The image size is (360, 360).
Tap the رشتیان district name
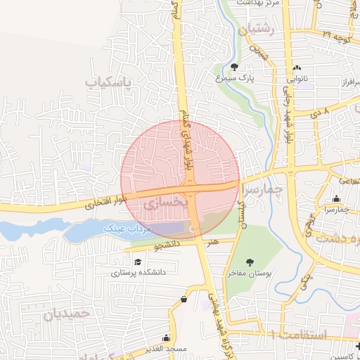(260, 29)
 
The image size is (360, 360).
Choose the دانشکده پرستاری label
(129, 272)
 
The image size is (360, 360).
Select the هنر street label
(213, 242)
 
